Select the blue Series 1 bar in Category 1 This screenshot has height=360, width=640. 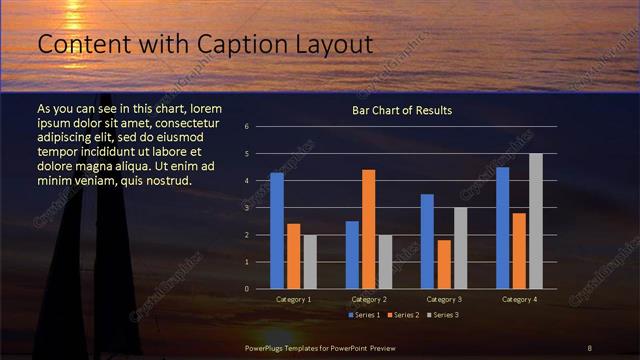277,231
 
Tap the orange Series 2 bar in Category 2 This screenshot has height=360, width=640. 368,229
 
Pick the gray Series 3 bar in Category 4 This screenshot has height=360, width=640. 536,221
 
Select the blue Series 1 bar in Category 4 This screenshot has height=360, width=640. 503,228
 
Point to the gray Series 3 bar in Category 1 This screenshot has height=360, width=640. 310,262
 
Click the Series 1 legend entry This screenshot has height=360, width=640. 362,315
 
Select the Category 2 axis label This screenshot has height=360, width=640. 369,299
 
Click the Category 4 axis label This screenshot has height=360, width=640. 519,299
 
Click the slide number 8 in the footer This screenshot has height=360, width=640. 589,347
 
